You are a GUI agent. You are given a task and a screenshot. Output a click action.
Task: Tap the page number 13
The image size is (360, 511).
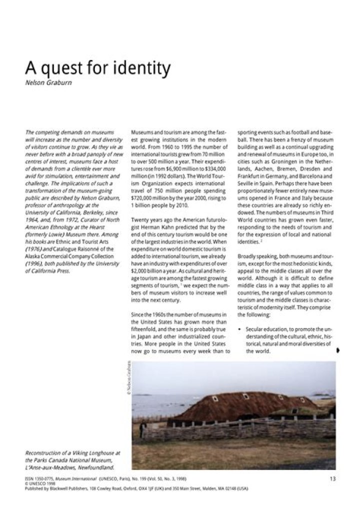pos(332,478)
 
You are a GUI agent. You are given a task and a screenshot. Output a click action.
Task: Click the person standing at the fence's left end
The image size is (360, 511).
pos(143,428)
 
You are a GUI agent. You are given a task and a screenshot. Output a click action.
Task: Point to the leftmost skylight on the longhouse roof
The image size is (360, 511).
pos(215,398)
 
